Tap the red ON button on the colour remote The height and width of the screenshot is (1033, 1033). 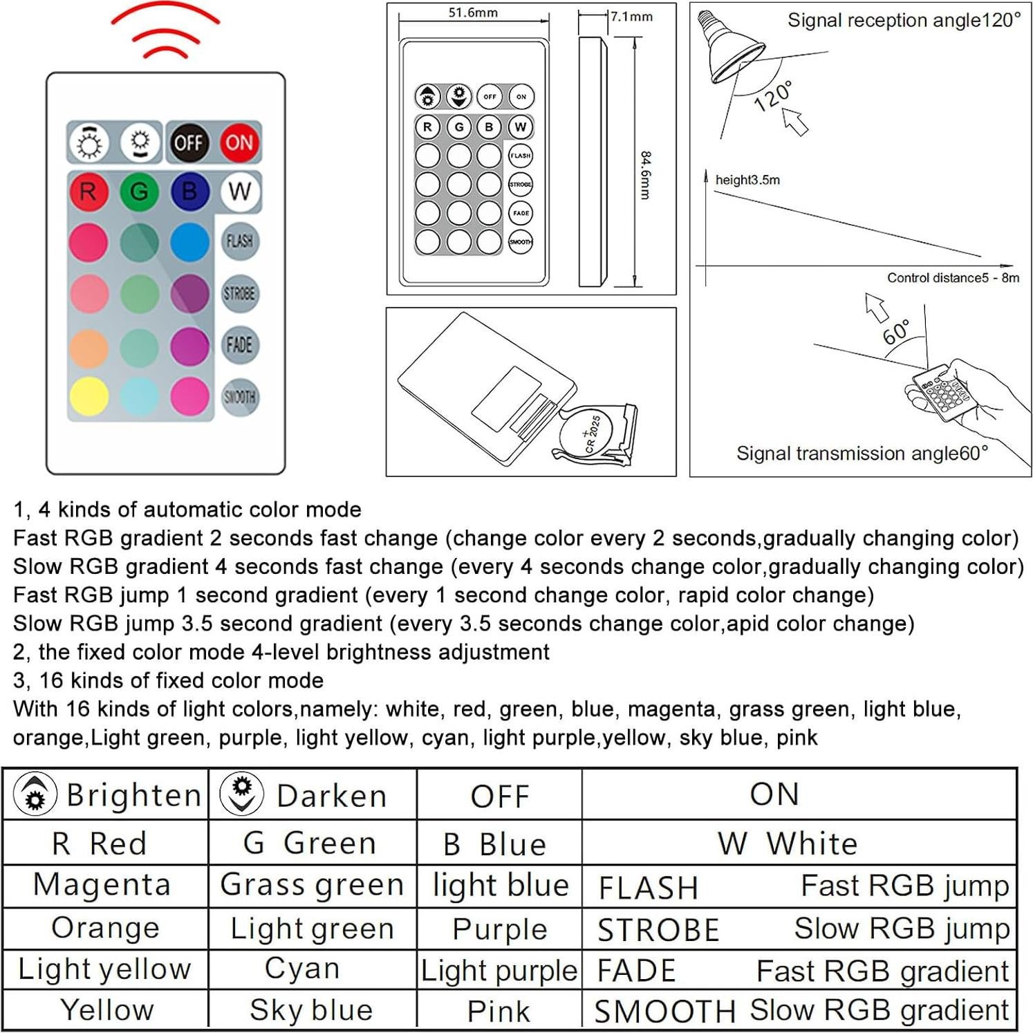239,142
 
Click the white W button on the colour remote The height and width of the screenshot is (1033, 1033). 239,192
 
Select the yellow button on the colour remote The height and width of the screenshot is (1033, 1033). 89,397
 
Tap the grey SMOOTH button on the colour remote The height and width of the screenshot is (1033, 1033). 239,397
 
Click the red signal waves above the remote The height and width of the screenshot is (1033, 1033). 165,31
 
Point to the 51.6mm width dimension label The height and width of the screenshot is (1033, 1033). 473,12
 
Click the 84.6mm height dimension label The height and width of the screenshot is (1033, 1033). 645,176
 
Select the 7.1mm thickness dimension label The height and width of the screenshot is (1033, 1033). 631,17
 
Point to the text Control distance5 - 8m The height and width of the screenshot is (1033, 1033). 953,278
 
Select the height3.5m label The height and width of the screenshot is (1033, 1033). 747,180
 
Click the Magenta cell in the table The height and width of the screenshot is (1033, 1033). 102,885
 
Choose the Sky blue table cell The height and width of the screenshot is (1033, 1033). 311,1010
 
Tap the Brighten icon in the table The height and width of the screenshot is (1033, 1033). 35,794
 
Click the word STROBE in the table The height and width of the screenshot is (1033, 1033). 658,930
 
